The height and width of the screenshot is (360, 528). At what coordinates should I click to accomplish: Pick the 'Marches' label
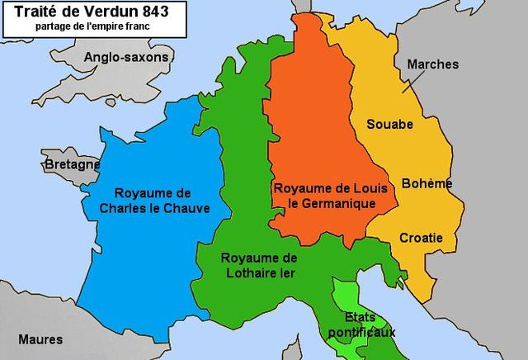coord(434,64)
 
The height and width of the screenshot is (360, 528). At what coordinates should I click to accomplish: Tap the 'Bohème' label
coord(427,183)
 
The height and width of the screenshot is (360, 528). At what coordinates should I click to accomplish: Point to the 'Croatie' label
coord(421,238)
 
